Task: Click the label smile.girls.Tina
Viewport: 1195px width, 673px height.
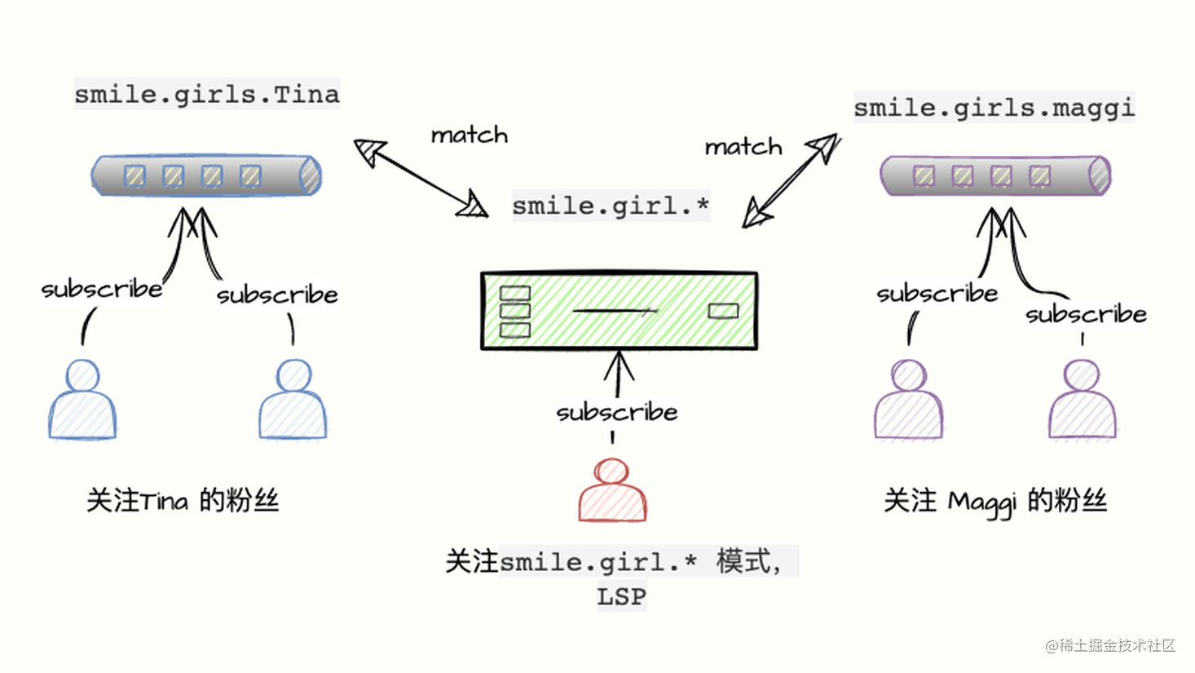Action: click(x=206, y=95)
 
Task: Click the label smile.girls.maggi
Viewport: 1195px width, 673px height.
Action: click(x=994, y=108)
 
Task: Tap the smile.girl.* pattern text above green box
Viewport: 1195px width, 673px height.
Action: click(x=611, y=206)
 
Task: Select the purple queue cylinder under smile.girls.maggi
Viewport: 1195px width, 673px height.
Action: click(x=994, y=175)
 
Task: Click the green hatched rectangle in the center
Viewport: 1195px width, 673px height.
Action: click(x=619, y=310)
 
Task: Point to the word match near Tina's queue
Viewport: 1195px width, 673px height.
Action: click(x=469, y=135)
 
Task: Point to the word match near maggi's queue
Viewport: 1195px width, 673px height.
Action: click(x=743, y=147)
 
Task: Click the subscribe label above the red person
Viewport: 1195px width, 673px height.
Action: click(x=616, y=413)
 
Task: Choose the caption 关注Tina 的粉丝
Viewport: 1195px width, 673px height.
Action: click(x=183, y=500)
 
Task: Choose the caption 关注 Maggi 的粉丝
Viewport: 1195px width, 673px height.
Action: click(x=994, y=501)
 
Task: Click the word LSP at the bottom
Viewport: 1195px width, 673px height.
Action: click(x=621, y=597)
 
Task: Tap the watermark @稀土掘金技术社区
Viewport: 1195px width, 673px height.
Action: click(x=1110, y=645)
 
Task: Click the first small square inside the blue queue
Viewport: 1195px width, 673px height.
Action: click(x=134, y=175)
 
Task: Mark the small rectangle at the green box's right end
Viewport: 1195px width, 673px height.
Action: click(x=723, y=311)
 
